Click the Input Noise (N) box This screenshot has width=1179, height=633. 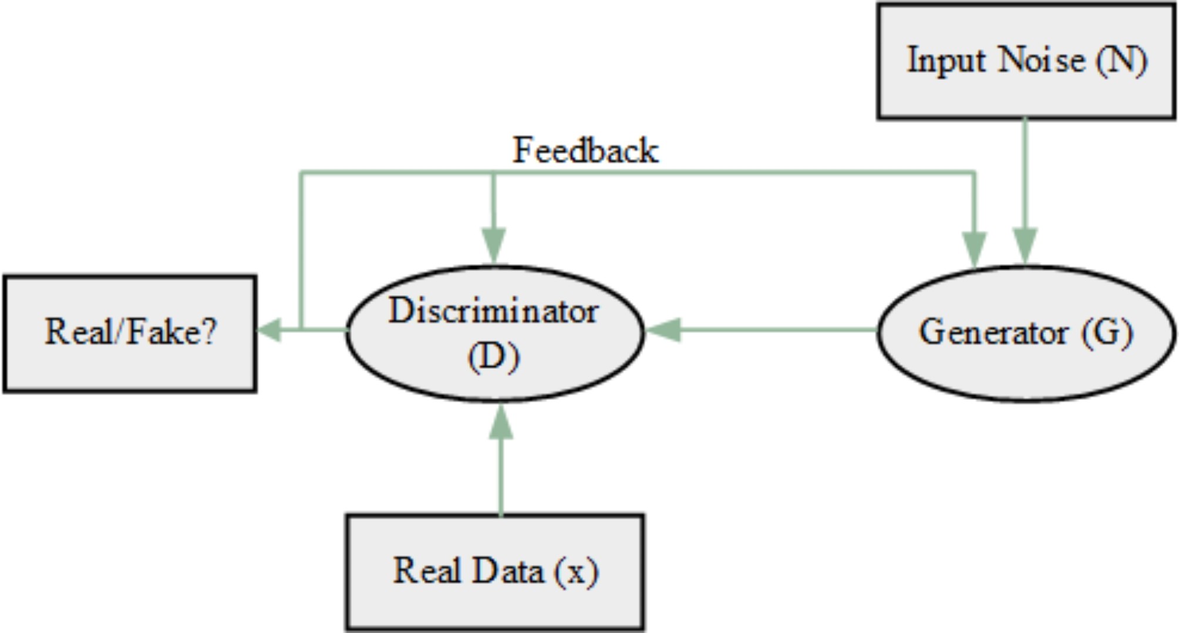(1026, 61)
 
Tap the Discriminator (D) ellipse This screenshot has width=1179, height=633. (494, 333)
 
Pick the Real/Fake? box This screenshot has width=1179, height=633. (130, 333)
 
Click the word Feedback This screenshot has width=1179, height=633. (585, 150)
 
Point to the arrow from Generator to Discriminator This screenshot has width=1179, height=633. (763, 330)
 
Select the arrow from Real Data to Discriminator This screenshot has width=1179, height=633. (501, 464)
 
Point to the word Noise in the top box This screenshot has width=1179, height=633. (1040, 60)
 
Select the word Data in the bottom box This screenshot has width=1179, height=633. (507, 571)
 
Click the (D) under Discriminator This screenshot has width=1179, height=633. (494, 356)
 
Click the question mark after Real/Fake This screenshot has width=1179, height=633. (208, 332)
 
